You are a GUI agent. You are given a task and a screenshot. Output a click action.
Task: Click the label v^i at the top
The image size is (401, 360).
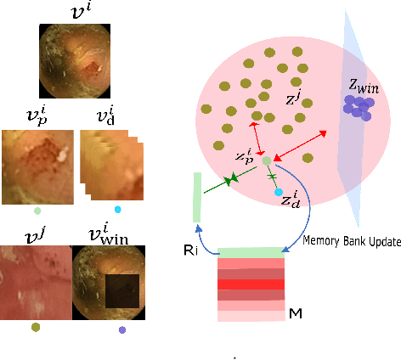(74, 11)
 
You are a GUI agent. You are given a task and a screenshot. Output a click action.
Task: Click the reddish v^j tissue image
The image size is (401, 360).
(35, 281)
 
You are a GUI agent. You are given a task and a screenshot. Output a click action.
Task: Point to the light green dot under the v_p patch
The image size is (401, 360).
(36, 210)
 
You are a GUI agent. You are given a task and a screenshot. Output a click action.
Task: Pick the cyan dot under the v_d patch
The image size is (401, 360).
(117, 210)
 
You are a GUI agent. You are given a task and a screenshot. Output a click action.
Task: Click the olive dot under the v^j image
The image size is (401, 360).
(35, 327)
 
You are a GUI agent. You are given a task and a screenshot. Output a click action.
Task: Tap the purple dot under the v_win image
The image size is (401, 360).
(121, 329)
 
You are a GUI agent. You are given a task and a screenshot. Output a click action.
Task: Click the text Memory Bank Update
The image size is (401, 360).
(351, 242)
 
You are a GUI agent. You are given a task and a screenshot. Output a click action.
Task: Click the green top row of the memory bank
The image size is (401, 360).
(251, 252)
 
